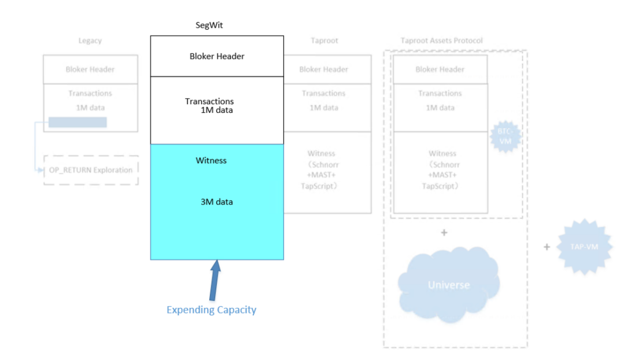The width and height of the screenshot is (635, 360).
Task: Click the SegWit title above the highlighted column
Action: click(x=209, y=26)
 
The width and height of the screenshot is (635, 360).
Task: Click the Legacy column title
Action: click(x=90, y=41)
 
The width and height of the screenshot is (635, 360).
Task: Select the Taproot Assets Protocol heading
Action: click(x=441, y=41)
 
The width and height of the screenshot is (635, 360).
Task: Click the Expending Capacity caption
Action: click(x=211, y=310)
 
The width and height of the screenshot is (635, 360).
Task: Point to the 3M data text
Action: click(x=216, y=202)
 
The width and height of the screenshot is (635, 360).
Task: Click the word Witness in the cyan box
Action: click(x=211, y=160)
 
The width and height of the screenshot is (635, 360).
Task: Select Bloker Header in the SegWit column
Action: click(x=217, y=56)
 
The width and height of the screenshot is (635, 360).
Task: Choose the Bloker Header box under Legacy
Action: click(x=90, y=69)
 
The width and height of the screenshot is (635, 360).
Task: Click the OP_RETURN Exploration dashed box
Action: click(x=91, y=170)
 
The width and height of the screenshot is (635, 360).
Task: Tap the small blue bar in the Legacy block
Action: click(x=77, y=122)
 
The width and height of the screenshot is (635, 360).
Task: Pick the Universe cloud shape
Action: click(x=449, y=284)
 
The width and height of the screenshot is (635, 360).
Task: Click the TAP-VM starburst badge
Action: click(x=584, y=247)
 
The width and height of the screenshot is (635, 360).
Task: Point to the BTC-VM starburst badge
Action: click(x=505, y=136)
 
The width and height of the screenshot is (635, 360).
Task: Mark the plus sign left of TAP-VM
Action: click(x=547, y=247)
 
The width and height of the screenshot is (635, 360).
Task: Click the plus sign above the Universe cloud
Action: click(x=444, y=233)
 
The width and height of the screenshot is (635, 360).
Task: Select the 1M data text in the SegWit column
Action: click(x=216, y=110)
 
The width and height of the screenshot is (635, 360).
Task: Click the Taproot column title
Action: click(x=323, y=41)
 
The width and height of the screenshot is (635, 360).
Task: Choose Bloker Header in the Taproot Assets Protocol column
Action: click(x=440, y=69)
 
